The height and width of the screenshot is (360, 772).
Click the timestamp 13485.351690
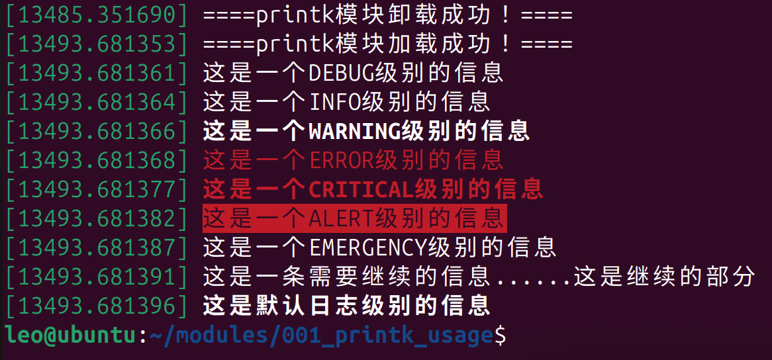[x=98, y=15]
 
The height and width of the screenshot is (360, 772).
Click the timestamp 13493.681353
[x=98, y=44]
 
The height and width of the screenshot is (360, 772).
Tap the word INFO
[x=335, y=102]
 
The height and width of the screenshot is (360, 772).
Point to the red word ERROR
[x=342, y=160]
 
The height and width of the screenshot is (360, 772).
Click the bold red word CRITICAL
[x=362, y=189]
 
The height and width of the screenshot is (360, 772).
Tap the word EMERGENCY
[x=368, y=247]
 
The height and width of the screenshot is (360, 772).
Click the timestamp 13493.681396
[x=98, y=306]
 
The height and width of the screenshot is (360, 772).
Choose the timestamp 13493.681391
[x=98, y=277]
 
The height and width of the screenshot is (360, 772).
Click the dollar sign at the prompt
[x=501, y=336]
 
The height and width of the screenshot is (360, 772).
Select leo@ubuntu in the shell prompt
[x=70, y=336]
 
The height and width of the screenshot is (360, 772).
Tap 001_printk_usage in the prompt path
[x=388, y=336]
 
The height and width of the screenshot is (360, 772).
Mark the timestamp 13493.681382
[x=98, y=218]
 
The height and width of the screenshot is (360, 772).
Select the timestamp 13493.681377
[x=98, y=189]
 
